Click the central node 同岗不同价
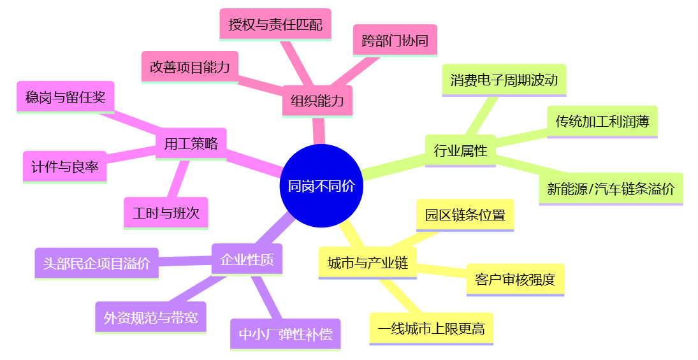(321, 186)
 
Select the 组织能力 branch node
(317, 101)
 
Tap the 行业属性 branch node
(460, 150)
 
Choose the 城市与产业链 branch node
(367, 262)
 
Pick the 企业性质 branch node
(247, 259)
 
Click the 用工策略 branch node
(191, 143)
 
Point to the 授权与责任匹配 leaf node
(275, 24)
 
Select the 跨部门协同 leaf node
(395, 41)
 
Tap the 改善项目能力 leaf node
(189, 67)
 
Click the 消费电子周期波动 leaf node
(504, 80)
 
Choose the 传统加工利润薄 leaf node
(602, 121)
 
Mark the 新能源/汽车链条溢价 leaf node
(610, 189)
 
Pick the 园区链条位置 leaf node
(465, 215)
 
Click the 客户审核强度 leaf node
(515, 279)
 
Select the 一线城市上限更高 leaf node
(431, 328)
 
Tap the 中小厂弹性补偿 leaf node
(285, 334)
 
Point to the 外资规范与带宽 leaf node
(150, 317)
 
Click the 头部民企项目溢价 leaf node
(96, 263)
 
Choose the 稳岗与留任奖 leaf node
(65, 97)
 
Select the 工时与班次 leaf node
(166, 213)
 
